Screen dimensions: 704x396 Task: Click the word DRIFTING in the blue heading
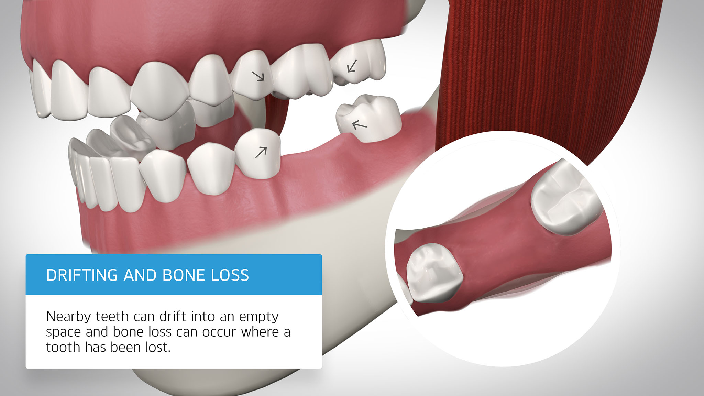(x=82, y=275)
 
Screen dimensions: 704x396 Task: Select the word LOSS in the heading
(x=230, y=275)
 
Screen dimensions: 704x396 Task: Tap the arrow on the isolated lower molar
(x=360, y=125)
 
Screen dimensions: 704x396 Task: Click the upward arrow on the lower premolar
(x=261, y=152)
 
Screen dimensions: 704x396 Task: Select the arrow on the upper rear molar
(x=352, y=66)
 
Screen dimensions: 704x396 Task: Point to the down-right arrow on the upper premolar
(x=258, y=76)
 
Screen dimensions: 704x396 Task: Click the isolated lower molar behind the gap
(x=368, y=118)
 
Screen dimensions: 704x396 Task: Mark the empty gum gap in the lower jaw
(x=309, y=151)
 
